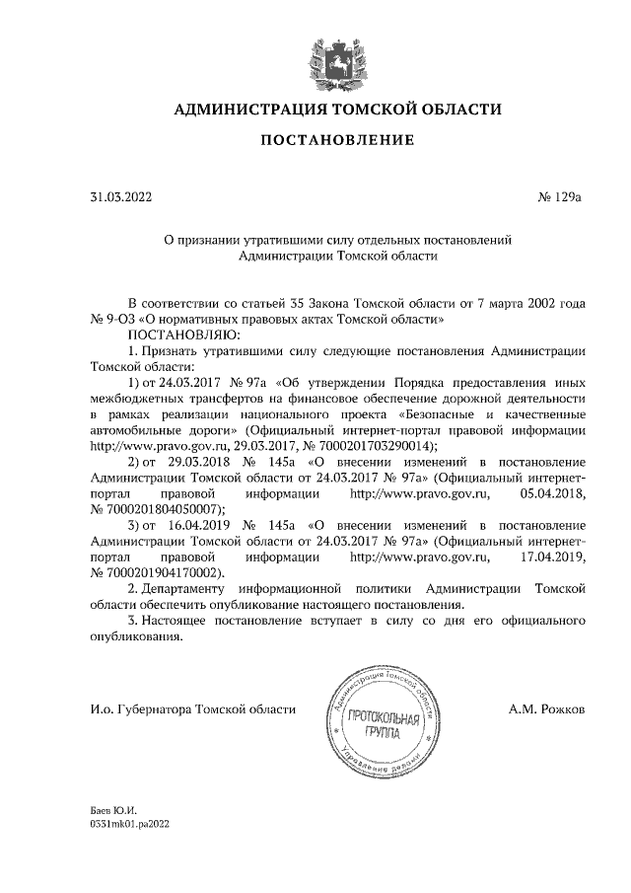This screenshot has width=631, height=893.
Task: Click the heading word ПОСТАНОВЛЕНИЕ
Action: pyautogui.click(x=337, y=141)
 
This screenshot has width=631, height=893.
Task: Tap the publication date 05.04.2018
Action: pyautogui.click(x=552, y=492)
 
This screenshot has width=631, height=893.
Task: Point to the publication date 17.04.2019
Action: pyautogui.click(x=552, y=556)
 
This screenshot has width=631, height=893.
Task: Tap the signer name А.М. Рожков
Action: pyautogui.click(x=547, y=708)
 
